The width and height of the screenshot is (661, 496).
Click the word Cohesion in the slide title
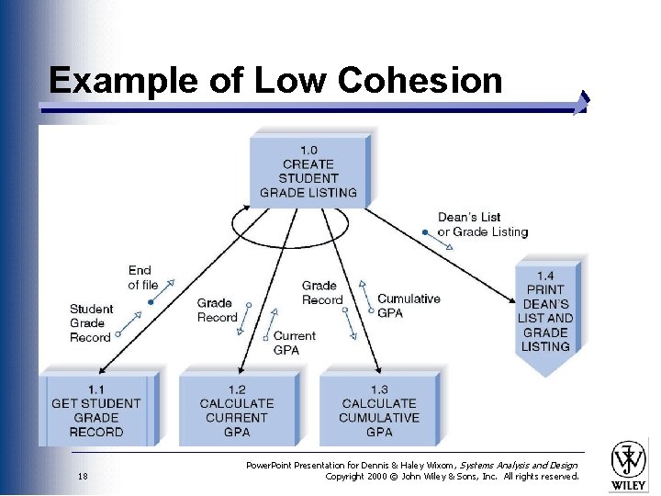point(420,81)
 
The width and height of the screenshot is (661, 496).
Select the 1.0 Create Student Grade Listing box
point(308,171)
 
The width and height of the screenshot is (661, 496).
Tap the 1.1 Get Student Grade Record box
point(96,410)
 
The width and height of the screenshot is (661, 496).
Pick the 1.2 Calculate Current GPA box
point(237,410)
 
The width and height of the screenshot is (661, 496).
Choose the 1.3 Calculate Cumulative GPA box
point(379,410)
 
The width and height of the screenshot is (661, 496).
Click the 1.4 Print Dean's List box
point(545,312)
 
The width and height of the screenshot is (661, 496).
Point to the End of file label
point(141,277)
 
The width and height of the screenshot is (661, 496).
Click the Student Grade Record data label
point(91,323)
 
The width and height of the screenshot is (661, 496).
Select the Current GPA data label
point(294,343)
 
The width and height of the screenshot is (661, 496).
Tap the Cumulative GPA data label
point(409,305)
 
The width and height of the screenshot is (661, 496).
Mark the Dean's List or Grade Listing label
point(483,225)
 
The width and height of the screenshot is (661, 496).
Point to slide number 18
point(83,477)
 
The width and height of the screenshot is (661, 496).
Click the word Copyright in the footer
point(348,477)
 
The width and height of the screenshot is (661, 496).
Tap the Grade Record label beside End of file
point(217,310)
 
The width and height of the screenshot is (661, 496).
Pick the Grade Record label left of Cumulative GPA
point(322,293)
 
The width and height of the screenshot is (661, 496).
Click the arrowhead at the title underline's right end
point(581,104)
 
